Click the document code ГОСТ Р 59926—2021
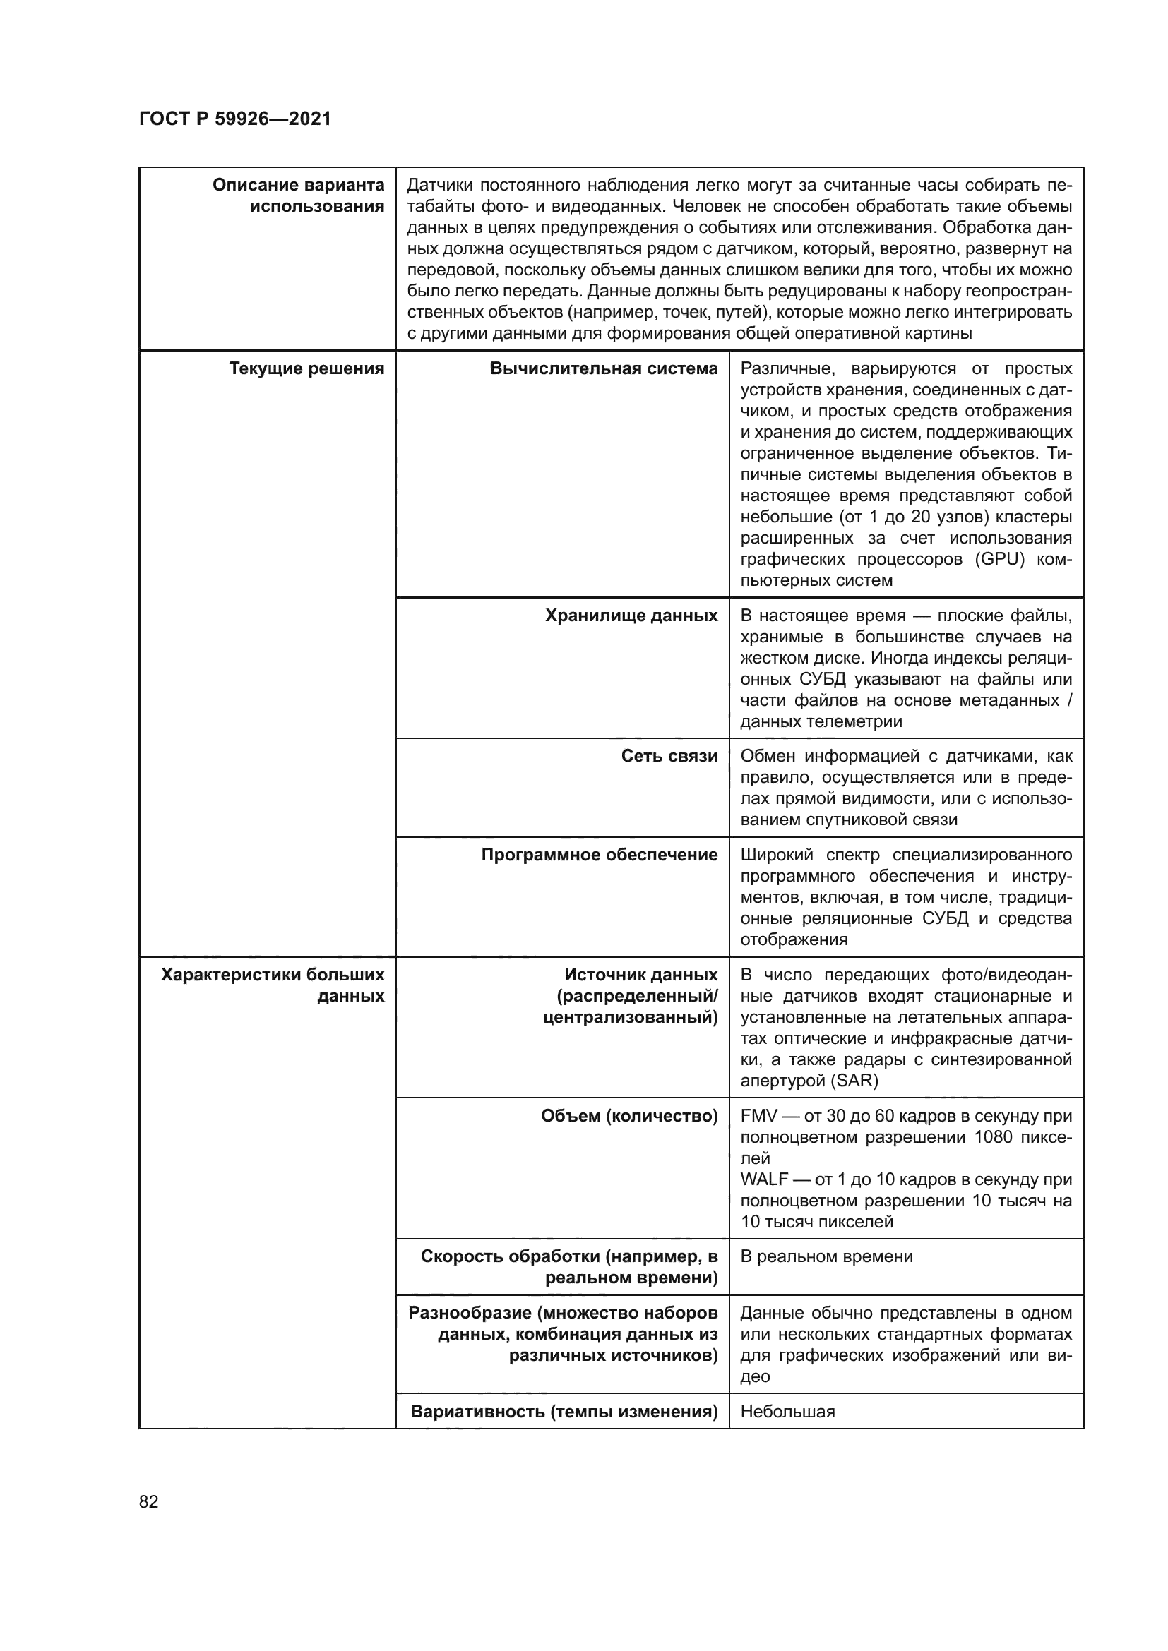[x=235, y=119]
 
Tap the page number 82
[x=149, y=1501]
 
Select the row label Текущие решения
[x=306, y=369]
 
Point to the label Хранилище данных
[x=631, y=616]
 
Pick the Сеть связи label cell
[x=669, y=756]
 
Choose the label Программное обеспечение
[x=599, y=854]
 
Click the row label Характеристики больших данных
[x=273, y=985]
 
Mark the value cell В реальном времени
[x=826, y=1256]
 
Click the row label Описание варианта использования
[x=299, y=196]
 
